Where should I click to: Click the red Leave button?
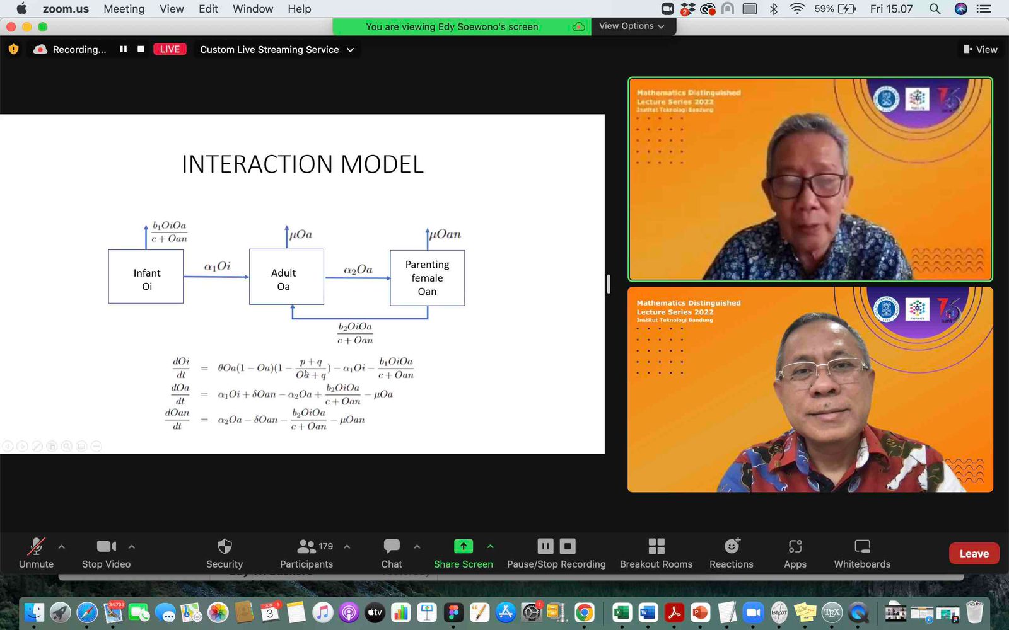(974, 554)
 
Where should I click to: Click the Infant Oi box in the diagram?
(146, 277)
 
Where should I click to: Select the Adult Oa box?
(286, 277)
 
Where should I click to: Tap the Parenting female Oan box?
(427, 278)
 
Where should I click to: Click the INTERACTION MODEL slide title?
(303, 164)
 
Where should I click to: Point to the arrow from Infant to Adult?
(216, 277)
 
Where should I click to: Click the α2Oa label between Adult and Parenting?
(358, 270)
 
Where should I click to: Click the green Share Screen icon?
(463, 546)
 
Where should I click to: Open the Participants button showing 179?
(307, 546)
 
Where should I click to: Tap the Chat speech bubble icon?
(392, 546)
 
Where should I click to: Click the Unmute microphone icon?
(36, 546)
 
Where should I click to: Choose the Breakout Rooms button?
(656, 546)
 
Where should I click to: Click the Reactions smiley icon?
(732, 546)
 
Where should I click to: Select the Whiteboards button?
(862, 546)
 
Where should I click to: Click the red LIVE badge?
(170, 49)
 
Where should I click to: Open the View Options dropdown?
(631, 26)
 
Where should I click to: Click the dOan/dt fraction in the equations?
(177, 420)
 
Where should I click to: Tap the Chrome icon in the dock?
(585, 612)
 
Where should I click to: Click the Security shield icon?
(225, 546)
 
